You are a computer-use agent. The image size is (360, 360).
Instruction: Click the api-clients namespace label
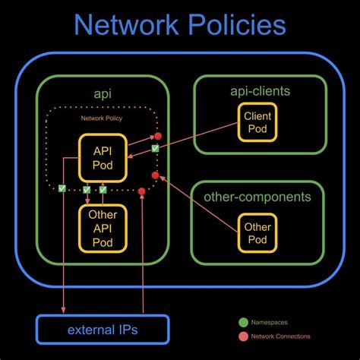[260, 92]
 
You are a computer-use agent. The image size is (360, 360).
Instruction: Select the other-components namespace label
[257, 197]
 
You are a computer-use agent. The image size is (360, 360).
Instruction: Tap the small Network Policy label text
[102, 119]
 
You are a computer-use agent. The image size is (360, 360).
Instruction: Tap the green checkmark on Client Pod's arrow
[155, 149]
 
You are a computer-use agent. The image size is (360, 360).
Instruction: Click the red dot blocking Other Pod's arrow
[155, 175]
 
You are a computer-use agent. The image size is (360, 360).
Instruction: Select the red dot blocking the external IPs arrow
[141, 191]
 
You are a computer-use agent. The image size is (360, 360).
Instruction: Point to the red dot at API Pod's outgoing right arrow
[157, 137]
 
